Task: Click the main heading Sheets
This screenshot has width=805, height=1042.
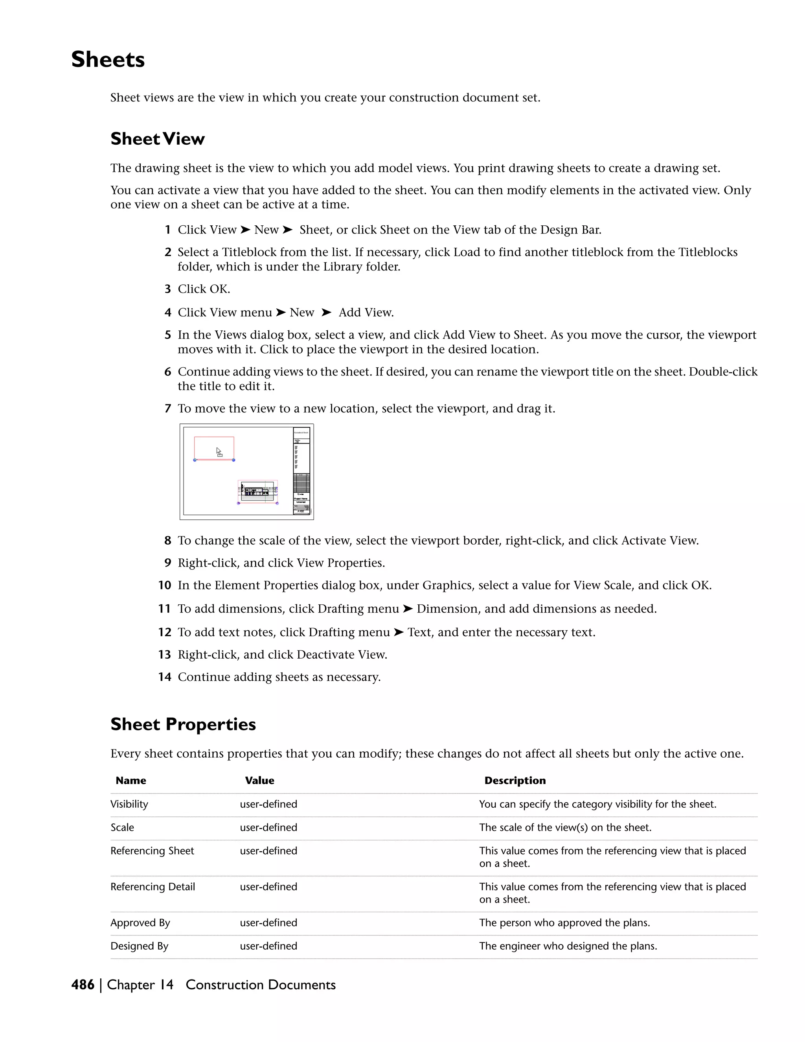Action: click(108, 60)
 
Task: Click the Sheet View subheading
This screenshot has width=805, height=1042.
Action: click(157, 139)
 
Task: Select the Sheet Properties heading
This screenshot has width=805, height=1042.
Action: click(183, 724)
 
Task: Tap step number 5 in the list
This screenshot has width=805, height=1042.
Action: click(167, 335)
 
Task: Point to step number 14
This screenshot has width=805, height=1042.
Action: click(165, 677)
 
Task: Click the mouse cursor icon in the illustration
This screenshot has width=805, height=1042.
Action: click(219, 452)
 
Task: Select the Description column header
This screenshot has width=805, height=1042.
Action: click(515, 781)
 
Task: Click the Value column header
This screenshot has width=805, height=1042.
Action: click(259, 781)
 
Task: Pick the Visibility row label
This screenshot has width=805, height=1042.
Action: click(129, 804)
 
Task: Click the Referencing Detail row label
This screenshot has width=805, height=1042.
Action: click(153, 886)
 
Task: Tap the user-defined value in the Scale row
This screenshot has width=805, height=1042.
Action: click(268, 827)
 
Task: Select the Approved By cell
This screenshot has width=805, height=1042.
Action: click(140, 923)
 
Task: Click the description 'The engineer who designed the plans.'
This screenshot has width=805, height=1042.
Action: click(568, 946)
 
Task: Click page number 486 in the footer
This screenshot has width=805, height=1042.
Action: click(83, 985)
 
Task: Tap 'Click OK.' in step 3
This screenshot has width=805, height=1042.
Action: click(204, 289)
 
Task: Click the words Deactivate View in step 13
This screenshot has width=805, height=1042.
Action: click(342, 655)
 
